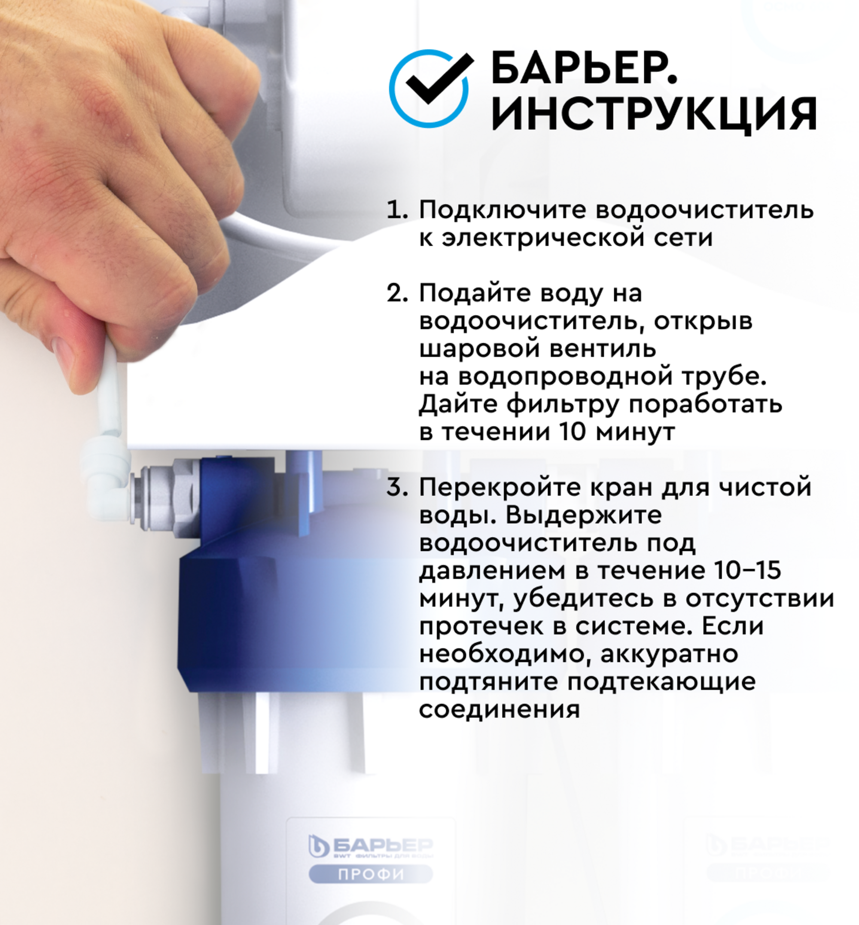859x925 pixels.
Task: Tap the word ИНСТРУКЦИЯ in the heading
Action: [x=654, y=114]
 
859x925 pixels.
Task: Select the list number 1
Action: [x=396, y=211]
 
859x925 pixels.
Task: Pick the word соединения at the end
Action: [x=499, y=710]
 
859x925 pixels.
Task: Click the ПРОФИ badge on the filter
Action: [x=371, y=874]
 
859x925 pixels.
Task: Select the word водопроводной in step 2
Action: [x=565, y=377]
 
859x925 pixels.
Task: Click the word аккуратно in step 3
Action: [x=669, y=654]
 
